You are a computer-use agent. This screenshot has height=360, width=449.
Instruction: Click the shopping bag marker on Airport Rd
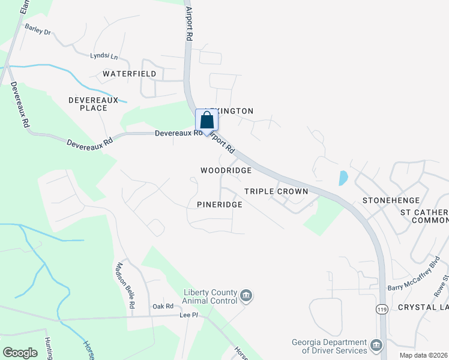206,120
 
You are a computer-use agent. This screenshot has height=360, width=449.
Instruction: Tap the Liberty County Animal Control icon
246,295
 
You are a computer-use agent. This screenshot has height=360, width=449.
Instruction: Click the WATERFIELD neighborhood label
129,74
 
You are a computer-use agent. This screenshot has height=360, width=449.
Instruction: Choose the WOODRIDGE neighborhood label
226,170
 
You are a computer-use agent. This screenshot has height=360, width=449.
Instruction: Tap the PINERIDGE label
220,205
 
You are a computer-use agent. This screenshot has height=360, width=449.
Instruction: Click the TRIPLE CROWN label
276,191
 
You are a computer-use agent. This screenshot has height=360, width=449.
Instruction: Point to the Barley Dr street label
38,30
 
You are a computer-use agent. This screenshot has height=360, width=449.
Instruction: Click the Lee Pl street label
188,314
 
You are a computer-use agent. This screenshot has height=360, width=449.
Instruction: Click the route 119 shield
382,308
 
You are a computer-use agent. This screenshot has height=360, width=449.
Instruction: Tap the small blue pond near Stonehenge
343,178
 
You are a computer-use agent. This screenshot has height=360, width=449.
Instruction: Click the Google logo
20,353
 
